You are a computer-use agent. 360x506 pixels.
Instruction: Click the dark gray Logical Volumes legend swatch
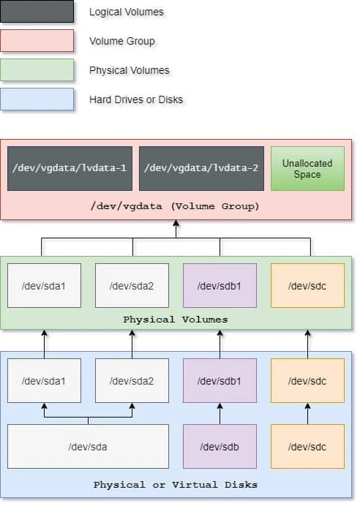37,12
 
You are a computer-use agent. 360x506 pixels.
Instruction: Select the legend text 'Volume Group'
121,42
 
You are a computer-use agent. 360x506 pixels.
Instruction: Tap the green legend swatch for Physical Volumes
37,70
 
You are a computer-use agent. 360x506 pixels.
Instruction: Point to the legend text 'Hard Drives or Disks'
135,99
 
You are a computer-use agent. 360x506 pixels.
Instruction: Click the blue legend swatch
37,99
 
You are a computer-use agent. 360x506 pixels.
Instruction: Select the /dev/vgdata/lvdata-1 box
70,168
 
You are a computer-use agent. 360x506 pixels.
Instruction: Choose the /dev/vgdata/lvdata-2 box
201,168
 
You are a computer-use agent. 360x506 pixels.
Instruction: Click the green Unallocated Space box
307,168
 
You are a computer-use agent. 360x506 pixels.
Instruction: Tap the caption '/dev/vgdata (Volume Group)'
176,206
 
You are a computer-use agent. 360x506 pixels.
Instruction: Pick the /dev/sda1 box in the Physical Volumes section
44,285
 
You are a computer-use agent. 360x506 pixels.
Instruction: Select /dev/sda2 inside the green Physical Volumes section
132,285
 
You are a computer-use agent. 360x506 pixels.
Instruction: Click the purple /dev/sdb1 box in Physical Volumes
220,285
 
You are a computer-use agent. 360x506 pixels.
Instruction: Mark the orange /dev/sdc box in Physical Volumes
307,285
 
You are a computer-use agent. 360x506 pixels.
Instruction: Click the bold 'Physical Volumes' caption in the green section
176,320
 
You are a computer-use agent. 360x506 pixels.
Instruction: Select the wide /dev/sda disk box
88,446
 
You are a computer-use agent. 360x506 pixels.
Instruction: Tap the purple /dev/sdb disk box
220,446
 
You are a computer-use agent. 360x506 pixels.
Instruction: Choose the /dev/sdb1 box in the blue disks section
220,381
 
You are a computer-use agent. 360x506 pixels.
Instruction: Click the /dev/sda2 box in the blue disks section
132,381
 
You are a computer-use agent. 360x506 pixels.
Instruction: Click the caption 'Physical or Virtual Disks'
176,485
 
